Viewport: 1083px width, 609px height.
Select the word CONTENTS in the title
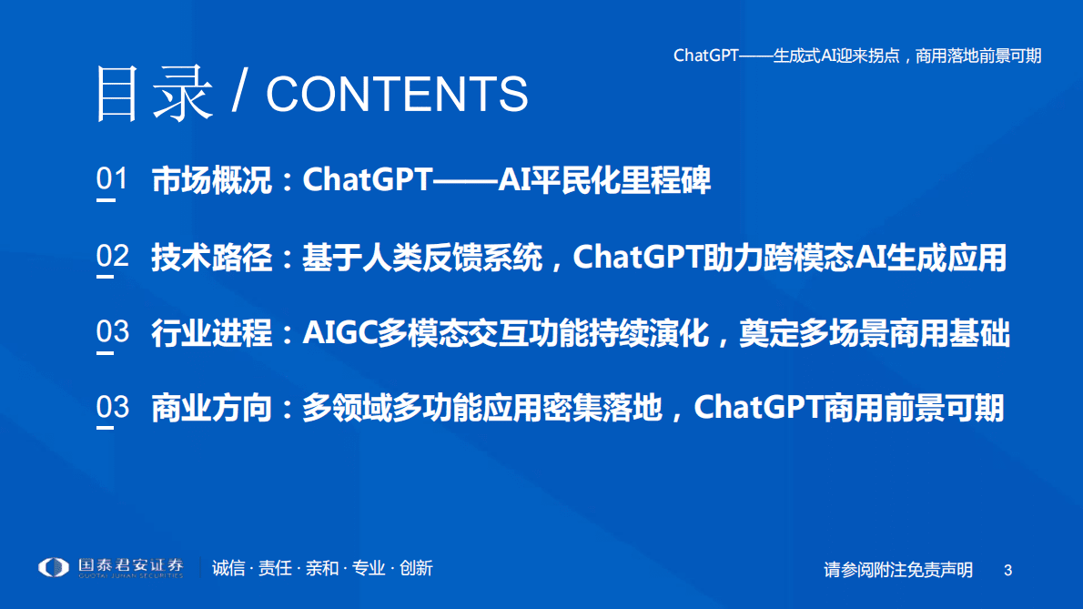[397, 94]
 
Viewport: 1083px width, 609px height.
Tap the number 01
[113, 180]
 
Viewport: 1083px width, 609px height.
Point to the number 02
[113, 257]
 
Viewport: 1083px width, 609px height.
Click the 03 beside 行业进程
[113, 332]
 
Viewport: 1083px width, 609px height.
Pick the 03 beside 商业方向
[113, 408]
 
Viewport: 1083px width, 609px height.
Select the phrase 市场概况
[211, 180]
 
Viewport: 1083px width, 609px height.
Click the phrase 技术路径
[211, 258]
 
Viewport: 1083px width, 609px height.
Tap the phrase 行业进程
[211, 333]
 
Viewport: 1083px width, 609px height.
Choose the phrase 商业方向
[211, 409]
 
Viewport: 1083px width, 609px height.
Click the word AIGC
[339, 333]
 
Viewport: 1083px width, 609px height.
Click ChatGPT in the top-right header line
[705, 56]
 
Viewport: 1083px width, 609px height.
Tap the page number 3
[1007, 570]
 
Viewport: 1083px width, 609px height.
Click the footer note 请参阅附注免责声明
[898, 570]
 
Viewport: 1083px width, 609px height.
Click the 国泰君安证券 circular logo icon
[54, 567]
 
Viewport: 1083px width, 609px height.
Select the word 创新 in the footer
[416, 568]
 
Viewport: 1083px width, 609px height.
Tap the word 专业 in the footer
[369, 568]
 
